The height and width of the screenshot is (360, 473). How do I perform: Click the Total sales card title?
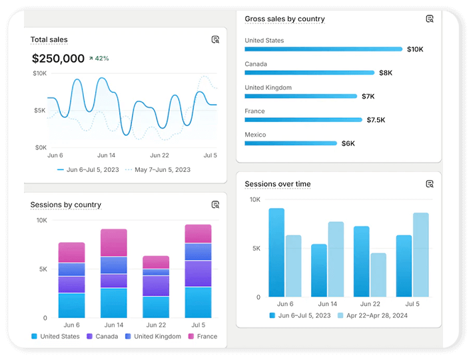[x=49, y=40]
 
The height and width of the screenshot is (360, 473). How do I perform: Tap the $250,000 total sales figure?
[x=58, y=59]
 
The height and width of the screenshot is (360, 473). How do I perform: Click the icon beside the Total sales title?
[x=215, y=40]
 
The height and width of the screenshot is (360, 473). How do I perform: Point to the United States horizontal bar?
[x=323, y=49]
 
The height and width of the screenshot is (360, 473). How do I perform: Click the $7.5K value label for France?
[x=376, y=120]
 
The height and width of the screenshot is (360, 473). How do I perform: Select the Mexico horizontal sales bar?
[x=290, y=143]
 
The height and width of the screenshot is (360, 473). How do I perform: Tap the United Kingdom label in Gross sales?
[x=268, y=87]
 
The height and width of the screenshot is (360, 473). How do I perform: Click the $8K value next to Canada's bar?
[x=386, y=73]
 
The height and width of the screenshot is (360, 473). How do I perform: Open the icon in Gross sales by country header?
[x=430, y=19]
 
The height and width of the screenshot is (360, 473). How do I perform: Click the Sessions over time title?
[x=277, y=184]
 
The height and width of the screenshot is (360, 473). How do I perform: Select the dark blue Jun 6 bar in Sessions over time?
[x=276, y=253]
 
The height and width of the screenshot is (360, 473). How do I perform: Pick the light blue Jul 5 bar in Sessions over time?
[x=420, y=255]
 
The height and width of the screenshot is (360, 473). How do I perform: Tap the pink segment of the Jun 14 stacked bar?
[x=114, y=243]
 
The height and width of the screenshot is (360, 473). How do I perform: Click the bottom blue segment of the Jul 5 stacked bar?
[x=198, y=302]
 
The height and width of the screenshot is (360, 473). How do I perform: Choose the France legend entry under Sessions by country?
[x=203, y=337]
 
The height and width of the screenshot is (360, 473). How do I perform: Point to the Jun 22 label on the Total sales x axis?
[x=159, y=155]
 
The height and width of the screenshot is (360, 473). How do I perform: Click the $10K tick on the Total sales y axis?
[x=39, y=73]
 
